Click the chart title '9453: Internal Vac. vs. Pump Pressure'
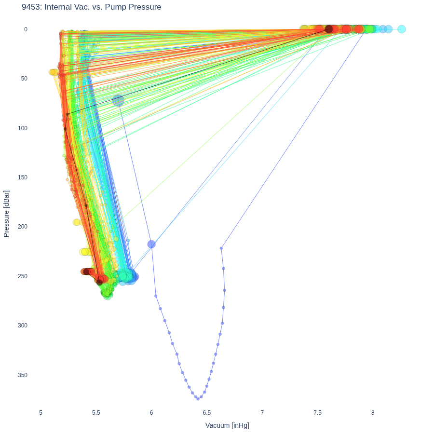[91, 7]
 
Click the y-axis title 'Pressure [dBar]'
[6, 214]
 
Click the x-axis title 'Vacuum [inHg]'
[227, 425]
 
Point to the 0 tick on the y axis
[26, 29]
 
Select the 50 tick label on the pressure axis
[25, 79]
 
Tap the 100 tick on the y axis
[23, 128]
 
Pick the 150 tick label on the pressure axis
[23, 177]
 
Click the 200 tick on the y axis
[23, 227]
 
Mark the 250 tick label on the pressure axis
[23, 276]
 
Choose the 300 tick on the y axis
[23, 325]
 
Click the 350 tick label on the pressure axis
[23, 375]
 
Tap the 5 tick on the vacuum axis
[41, 413]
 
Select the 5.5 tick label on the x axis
[96, 413]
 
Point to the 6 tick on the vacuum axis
[151, 413]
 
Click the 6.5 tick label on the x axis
[207, 413]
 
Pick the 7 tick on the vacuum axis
[262, 413]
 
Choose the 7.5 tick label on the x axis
[317, 413]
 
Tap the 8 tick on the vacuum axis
[373, 413]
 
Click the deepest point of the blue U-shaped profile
[198, 399]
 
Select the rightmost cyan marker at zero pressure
[402, 29]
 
